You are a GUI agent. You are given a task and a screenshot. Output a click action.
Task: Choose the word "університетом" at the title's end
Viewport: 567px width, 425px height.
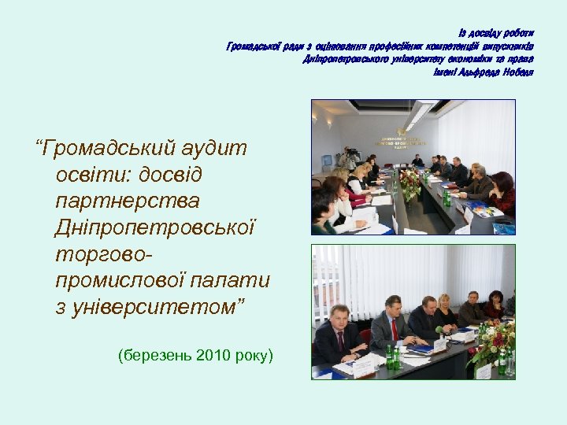click(x=145, y=307)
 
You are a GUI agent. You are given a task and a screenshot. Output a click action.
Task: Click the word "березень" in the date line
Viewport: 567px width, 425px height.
click(x=155, y=356)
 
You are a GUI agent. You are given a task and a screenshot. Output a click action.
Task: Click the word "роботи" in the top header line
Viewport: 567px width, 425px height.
click(x=517, y=33)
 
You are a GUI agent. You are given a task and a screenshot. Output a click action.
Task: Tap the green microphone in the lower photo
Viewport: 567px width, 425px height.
click(x=440, y=331)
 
